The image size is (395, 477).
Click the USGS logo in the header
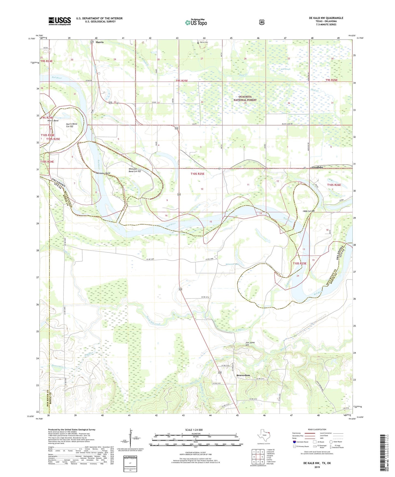(60, 21)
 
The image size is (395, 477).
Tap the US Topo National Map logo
(196, 22)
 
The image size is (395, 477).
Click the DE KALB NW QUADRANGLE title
(326, 18)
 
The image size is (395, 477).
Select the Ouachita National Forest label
(245, 98)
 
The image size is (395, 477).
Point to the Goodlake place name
(317, 167)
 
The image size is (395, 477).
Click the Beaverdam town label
(243, 375)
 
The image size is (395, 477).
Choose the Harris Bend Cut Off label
(72, 125)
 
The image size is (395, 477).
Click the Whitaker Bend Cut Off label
(134, 170)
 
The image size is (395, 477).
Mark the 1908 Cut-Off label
(309, 211)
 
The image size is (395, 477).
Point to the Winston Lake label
(232, 264)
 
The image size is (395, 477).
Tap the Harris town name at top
(100, 42)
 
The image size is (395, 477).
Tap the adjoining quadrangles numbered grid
(258, 457)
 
